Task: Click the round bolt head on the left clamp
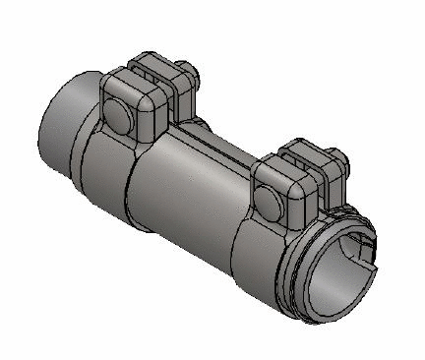coord(116,117)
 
